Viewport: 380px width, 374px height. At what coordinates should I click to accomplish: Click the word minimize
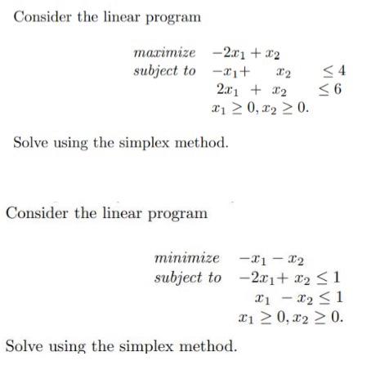coord(186,258)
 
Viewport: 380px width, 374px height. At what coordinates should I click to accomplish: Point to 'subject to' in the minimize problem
coord(187,277)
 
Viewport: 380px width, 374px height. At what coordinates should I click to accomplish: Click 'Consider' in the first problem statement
coord(42,17)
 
